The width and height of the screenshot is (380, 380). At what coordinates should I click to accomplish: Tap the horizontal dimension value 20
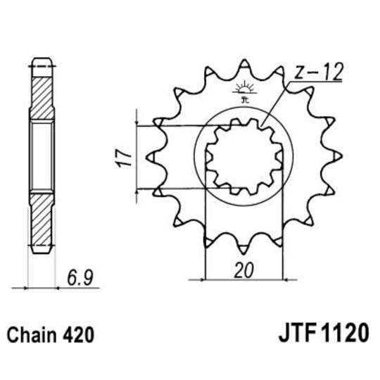242,270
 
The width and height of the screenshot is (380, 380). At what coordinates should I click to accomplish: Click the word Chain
29,334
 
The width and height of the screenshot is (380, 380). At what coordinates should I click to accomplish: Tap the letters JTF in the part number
290,334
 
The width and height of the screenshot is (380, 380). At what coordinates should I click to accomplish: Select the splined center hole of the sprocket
242,156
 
